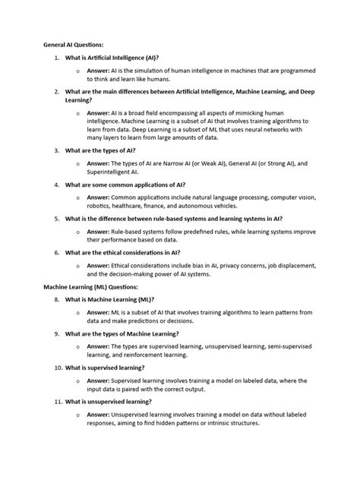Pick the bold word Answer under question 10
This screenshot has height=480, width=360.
click(98, 380)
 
